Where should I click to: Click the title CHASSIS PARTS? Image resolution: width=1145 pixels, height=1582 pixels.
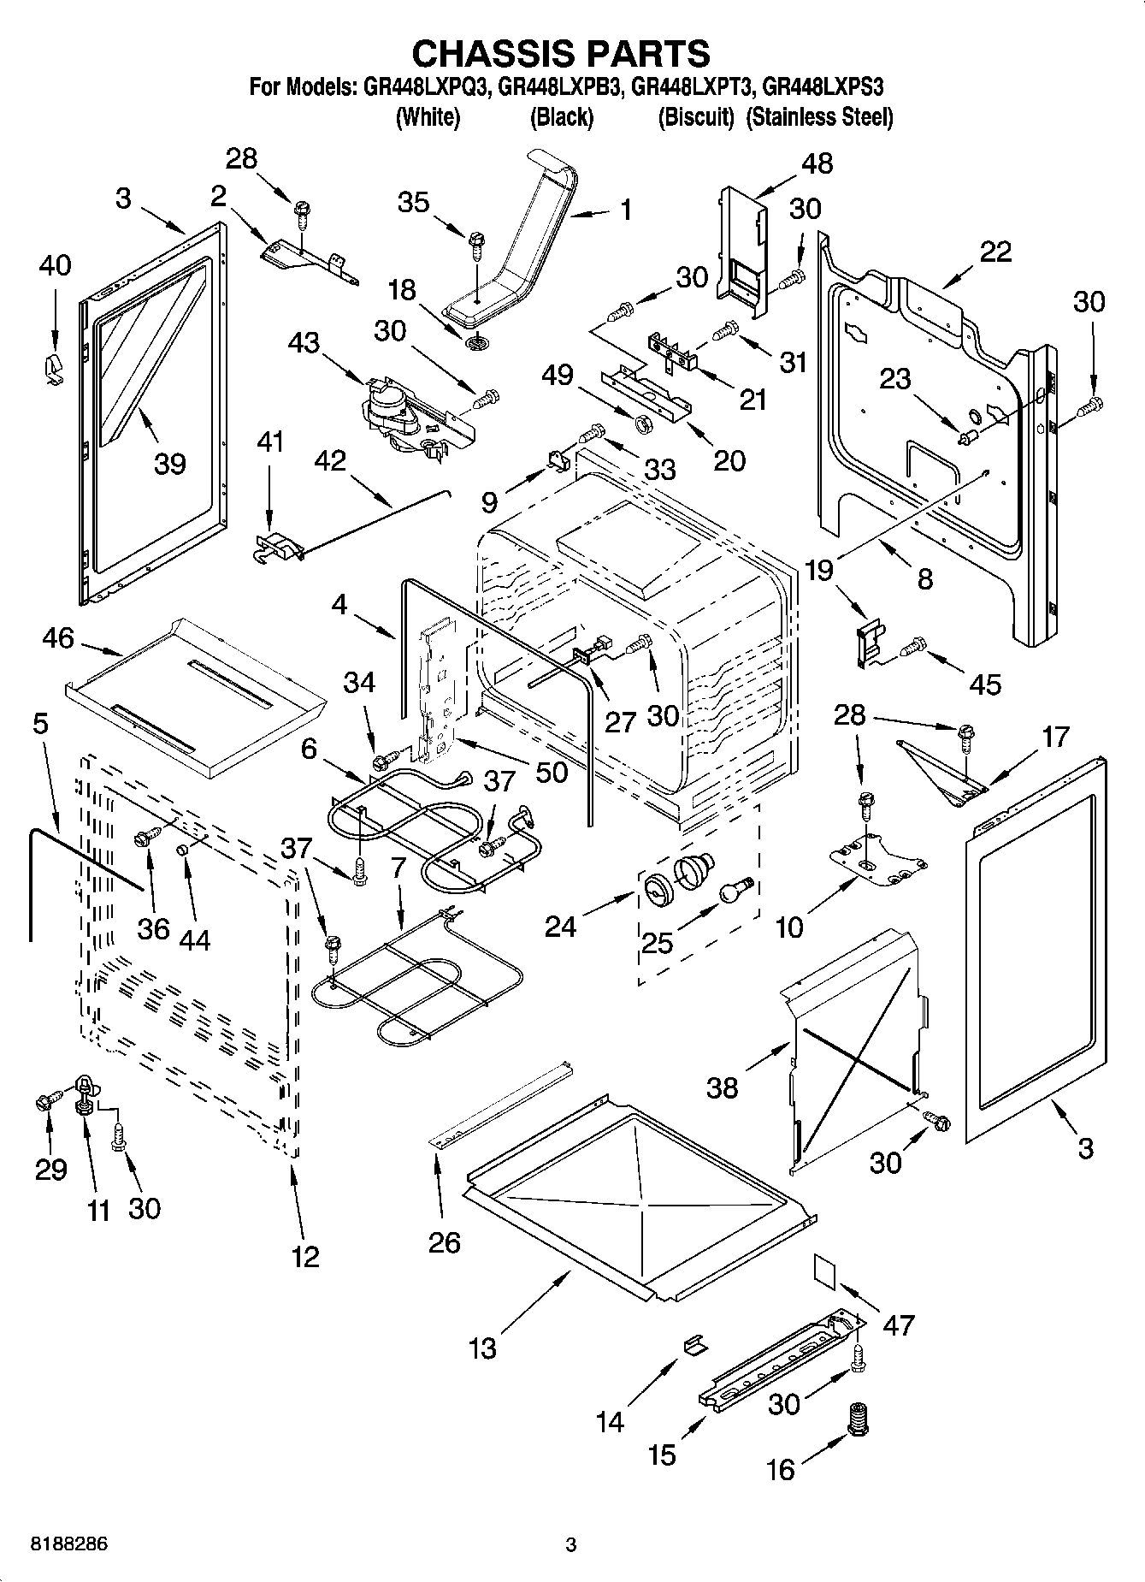(561, 53)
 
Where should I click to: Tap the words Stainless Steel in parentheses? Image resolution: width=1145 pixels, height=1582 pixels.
(819, 117)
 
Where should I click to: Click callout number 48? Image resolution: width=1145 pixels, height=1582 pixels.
(817, 164)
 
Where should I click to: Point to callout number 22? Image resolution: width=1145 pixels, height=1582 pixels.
(996, 251)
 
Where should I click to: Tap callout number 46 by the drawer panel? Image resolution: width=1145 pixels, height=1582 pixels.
(58, 638)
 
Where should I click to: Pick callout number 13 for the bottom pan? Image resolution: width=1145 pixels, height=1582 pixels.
(483, 1348)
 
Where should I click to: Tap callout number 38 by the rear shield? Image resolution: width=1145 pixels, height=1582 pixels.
(722, 1087)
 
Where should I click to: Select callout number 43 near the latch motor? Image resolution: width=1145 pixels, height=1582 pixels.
(304, 342)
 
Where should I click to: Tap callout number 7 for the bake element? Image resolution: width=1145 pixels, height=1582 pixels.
(397, 867)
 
